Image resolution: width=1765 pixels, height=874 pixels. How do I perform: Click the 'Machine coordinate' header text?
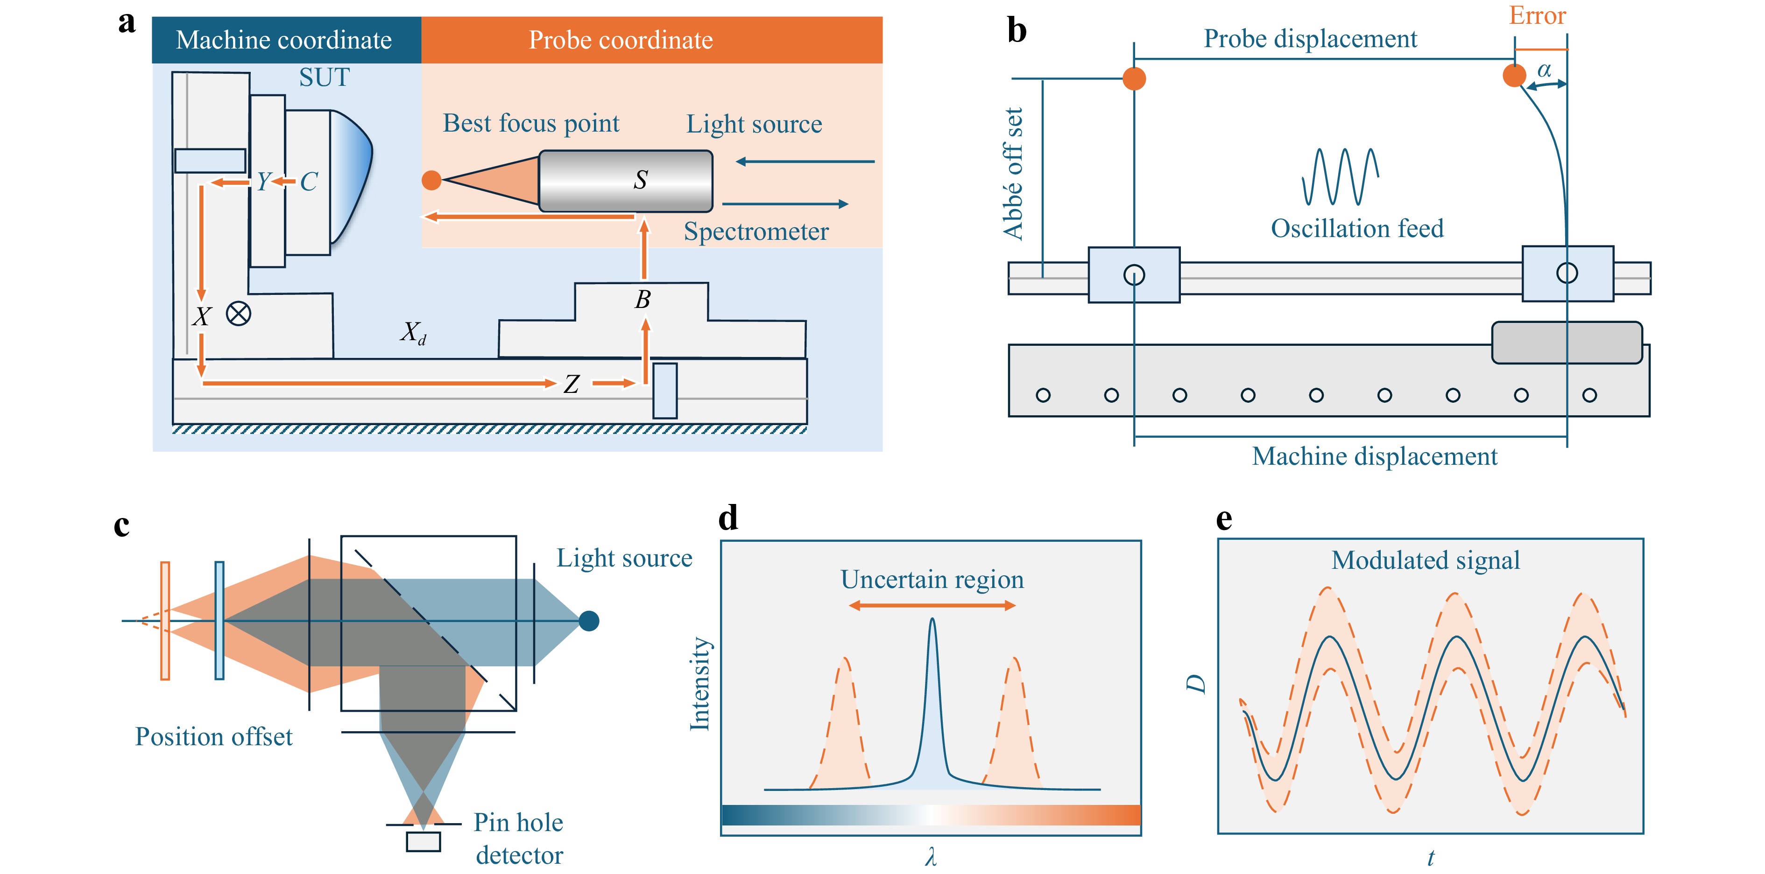click(x=284, y=40)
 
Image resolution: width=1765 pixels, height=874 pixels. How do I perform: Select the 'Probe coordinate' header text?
click(x=620, y=40)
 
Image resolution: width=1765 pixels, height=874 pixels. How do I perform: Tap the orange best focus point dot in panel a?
click(x=431, y=180)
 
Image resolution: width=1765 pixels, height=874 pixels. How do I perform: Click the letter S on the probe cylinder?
click(x=640, y=180)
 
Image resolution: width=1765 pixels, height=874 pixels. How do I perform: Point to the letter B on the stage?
click(x=642, y=299)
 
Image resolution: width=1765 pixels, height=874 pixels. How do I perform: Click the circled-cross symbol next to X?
click(x=239, y=314)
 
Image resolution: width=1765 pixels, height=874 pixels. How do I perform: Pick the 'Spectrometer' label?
click(x=756, y=231)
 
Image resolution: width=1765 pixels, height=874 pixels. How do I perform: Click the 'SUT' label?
click(x=324, y=77)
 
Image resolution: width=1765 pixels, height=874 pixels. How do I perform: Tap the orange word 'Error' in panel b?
click(x=1537, y=15)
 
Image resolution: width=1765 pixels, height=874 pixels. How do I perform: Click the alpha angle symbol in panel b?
click(x=1544, y=70)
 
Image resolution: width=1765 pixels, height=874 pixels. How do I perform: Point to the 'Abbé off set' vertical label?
click(x=1013, y=173)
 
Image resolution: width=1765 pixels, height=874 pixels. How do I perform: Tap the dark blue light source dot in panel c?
click(x=588, y=621)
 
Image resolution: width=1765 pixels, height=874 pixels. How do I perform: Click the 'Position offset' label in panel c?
click(x=214, y=736)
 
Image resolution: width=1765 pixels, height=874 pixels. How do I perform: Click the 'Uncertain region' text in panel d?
click(x=932, y=580)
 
